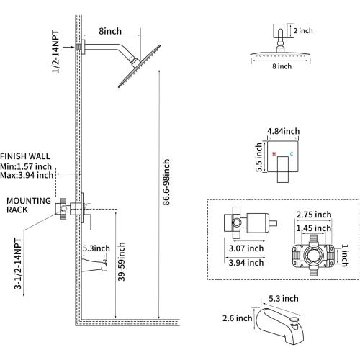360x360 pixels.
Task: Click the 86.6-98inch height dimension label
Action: pos(166,182)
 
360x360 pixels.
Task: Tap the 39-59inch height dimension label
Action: pos(122,261)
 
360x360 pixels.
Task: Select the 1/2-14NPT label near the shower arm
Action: pos(55,51)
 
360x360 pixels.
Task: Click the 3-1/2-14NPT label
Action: pos(18,264)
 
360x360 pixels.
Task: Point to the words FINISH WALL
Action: pos(25,156)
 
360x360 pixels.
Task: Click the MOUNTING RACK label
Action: pos(29,205)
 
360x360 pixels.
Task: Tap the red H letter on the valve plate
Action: pos(274,154)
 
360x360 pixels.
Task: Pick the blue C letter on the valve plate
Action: pos(292,154)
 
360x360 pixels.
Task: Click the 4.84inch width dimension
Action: pos(284,131)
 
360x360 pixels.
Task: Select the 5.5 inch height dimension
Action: pos(258,157)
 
